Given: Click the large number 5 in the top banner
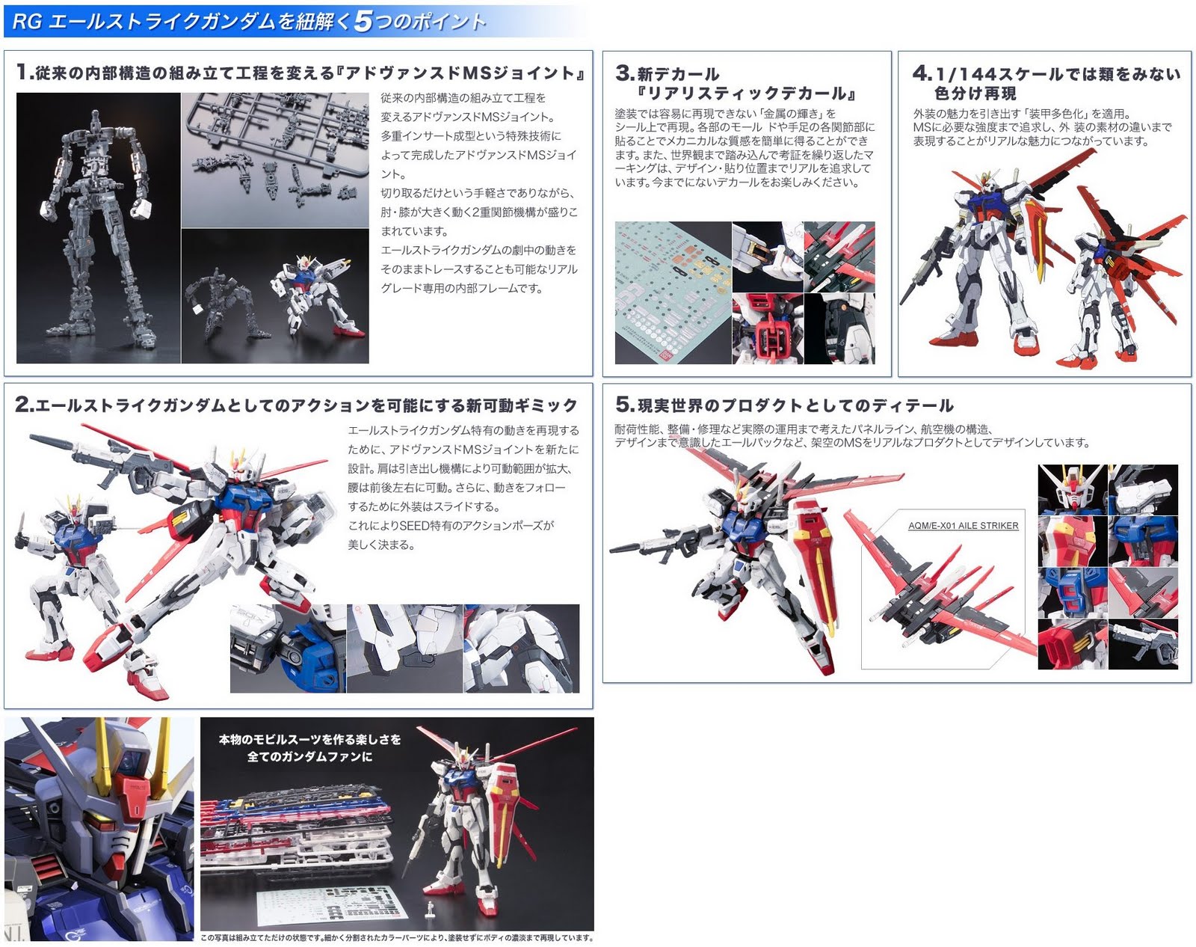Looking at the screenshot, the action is pyautogui.click(x=363, y=21).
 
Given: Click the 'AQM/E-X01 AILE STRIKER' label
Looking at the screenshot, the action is pyautogui.click(x=963, y=526).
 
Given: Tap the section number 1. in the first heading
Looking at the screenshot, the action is pyautogui.click(x=25, y=72).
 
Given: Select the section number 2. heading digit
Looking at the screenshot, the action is pyautogui.click(x=25, y=404).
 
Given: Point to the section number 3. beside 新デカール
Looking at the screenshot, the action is pyautogui.click(x=625, y=73).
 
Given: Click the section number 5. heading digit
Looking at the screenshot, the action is pyautogui.click(x=625, y=404).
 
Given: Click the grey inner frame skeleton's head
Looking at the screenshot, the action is pyautogui.click(x=96, y=120).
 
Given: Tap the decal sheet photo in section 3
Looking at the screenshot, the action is pyautogui.click(x=673, y=293).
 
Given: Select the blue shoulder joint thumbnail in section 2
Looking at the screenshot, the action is pyautogui.click(x=288, y=649).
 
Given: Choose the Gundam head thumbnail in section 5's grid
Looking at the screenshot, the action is pyautogui.click(x=1073, y=489).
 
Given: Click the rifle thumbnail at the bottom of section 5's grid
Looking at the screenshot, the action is pyautogui.click(x=1143, y=645).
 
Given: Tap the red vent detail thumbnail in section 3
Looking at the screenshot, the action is pyautogui.click(x=768, y=329).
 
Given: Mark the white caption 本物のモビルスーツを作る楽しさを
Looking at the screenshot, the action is pyautogui.click(x=309, y=739).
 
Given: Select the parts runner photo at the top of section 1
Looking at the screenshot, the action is pyautogui.click(x=275, y=160).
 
